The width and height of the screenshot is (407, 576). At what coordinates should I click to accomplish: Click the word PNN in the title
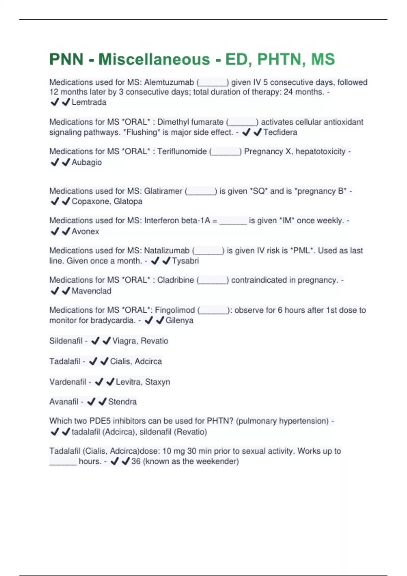(66, 60)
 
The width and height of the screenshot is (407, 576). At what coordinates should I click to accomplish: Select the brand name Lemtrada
(89, 102)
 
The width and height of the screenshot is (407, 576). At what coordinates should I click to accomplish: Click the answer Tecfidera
(280, 132)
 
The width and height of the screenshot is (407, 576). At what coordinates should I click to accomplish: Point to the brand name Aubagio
(86, 163)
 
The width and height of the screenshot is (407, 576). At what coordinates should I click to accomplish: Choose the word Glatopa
(128, 202)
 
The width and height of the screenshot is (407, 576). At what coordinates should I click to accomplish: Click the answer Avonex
(85, 232)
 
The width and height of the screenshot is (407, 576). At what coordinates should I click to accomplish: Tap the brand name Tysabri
(185, 261)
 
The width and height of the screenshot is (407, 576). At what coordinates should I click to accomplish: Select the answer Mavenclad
(91, 291)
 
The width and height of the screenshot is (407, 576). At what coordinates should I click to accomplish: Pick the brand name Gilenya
(179, 321)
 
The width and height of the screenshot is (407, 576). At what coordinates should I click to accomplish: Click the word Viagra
(124, 341)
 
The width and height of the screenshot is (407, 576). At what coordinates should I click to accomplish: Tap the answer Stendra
(122, 402)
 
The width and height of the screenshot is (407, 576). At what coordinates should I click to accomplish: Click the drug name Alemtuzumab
(169, 82)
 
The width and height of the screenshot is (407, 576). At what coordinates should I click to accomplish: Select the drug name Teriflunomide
(182, 151)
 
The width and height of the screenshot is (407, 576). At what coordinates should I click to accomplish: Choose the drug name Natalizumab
(167, 251)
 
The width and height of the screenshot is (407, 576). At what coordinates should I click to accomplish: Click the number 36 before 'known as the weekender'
(136, 461)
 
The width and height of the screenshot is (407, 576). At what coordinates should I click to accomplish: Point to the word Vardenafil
(67, 382)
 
